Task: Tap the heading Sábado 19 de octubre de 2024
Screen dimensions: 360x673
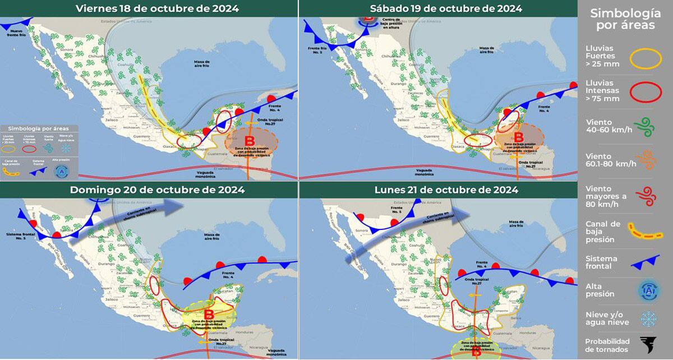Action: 446,8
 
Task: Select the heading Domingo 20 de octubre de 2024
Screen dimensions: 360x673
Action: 157,190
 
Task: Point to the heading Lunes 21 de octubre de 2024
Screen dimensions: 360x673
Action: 446,190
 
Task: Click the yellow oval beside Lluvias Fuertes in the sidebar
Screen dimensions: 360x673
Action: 647,57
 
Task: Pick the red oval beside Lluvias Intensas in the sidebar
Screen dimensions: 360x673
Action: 647,91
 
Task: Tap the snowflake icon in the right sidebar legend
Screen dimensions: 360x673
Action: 649,319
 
